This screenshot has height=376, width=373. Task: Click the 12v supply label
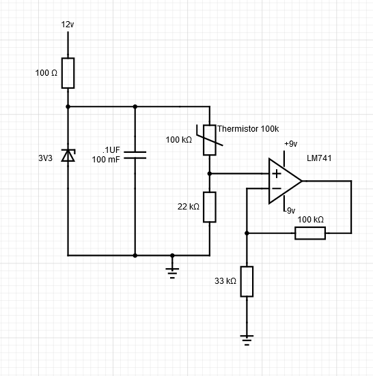(x=67, y=25)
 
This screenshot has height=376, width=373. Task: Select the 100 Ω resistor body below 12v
(x=68, y=73)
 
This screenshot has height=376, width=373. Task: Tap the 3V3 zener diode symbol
(x=68, y=156)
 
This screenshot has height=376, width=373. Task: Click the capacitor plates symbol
(x=135, y=155)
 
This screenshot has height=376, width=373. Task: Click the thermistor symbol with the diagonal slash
(x=210, y=139)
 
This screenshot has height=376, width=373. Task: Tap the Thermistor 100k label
(x=248, y=128)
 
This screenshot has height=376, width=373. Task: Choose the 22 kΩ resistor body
(x=210, y=207)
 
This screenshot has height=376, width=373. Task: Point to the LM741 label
(x=318, y=158)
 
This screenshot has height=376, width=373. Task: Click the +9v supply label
(x=290, y=144)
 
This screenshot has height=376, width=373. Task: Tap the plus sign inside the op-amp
(x=275, y=174)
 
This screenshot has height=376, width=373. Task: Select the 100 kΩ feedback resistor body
(x=310, y=233)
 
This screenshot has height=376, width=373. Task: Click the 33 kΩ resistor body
(x=247, y=281)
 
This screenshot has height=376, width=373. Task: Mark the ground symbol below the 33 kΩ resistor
(x=247, y=337)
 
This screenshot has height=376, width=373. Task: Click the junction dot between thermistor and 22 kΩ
(x=210, y=173)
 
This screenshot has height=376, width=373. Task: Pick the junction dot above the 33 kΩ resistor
(x=247, y=233)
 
